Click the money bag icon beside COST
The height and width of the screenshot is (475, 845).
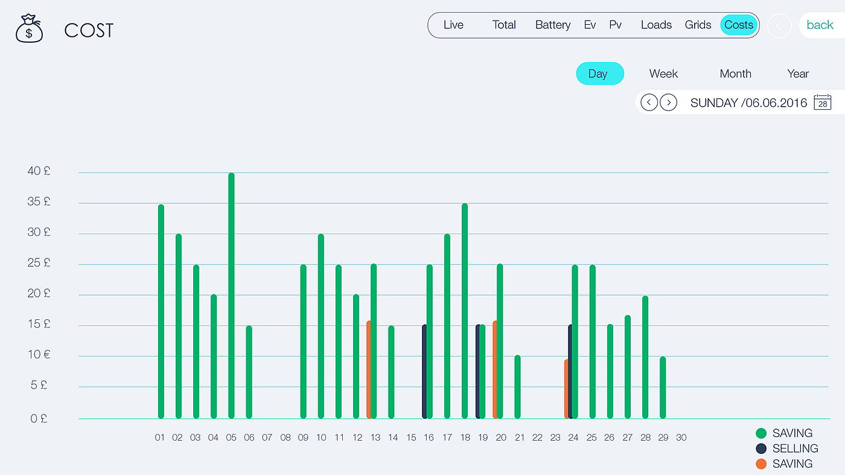[x=29, y=29]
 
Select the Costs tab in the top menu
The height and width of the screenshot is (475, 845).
[x=739, y=25]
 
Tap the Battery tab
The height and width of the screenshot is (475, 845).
[x=552, y=25]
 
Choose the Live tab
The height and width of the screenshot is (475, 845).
[x=453, y=25]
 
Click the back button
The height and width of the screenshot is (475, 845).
[x=820, y=25]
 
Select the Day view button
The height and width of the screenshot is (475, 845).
[x=599, y=74]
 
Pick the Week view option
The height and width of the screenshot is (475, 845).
[x=663, y=74]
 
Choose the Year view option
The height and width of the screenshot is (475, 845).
[x=797, y=74]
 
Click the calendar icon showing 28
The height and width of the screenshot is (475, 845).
[x=822, y=103]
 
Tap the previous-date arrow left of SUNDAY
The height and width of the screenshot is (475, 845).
[x=649, y=103]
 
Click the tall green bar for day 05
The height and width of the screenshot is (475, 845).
[x=231, y=296]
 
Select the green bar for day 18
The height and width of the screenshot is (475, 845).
[x=465, y=311]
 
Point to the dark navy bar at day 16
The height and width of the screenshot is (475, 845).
[x=424, y=371]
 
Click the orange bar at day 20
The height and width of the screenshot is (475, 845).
[x=495, y=369]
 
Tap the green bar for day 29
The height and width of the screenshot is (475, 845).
[x=663, y=387]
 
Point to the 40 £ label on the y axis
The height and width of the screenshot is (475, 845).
[x=39, y=171]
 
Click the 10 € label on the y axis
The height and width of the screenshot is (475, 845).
[x=39, y=355]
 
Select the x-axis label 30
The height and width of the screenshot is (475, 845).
[x=681, y=438]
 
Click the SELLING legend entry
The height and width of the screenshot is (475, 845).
[x=795, y=448]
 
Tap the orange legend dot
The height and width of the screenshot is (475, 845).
[x=761, y=464]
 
